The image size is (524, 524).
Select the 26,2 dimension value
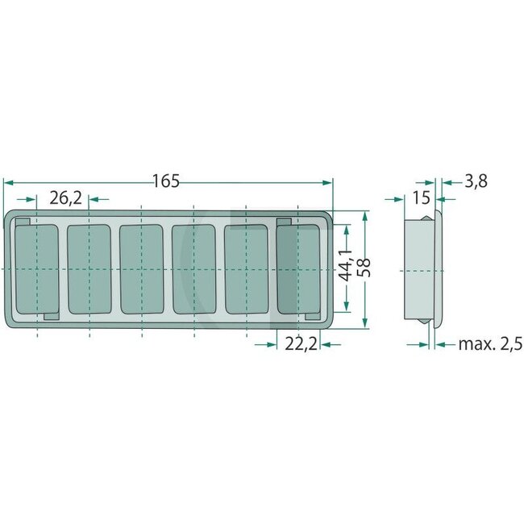65,198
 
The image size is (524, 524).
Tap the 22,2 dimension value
300,344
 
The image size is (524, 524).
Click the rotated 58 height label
364,268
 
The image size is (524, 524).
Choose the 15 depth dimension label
420,198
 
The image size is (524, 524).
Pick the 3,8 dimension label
476,181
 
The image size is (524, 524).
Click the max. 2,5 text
490,344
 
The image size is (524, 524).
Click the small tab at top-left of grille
24,221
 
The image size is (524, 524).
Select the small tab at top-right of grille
284,221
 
